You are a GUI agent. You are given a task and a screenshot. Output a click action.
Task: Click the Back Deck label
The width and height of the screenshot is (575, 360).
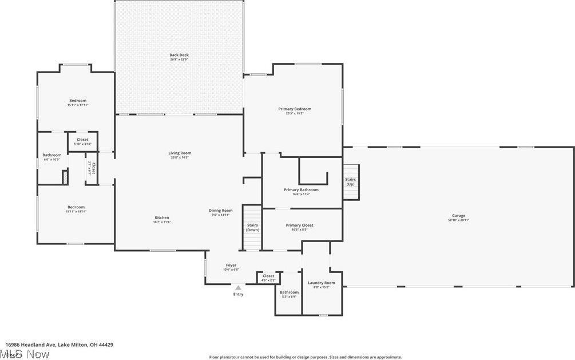coord(179,55)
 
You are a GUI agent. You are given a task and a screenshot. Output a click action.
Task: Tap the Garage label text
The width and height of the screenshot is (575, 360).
coord(458,216)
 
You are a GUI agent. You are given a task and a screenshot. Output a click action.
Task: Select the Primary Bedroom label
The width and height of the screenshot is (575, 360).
coord(295,109)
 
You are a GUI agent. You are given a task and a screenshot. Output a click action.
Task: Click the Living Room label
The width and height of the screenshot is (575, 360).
coord(180,153)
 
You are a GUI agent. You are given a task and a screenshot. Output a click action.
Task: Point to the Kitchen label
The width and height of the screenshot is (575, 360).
coord(162,217)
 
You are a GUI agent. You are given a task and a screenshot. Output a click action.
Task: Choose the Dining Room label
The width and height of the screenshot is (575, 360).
coord(220,211)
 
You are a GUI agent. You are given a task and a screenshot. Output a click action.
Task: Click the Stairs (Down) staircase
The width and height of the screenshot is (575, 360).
coord(252,227)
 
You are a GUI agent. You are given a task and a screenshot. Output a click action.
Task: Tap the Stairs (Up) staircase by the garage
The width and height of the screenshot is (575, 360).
coord(351,182)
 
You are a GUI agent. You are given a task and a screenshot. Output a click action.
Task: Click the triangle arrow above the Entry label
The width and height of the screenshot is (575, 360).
coord(238,288)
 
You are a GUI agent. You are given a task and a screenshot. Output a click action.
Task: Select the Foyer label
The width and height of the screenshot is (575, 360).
coord(231,265)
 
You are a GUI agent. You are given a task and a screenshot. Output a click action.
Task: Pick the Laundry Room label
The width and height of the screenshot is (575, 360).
coord(322,283)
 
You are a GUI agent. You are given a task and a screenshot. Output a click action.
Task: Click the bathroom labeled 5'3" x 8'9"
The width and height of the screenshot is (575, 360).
coord(289,294)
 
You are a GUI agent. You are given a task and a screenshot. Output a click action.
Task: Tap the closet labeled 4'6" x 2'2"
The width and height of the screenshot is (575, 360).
coord(268,278)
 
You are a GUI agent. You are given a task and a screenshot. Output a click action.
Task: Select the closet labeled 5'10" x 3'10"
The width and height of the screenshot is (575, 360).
coord(83,142)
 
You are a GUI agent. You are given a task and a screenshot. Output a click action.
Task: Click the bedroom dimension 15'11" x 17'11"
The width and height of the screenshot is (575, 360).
coord(78,105)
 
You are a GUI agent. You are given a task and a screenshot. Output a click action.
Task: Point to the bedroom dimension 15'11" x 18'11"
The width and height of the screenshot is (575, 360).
coord(76,211)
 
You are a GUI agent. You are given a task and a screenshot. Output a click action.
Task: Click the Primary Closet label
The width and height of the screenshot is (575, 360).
coord(299,225)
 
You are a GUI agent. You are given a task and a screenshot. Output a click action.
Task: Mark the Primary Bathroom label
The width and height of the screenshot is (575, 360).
coord(301,189)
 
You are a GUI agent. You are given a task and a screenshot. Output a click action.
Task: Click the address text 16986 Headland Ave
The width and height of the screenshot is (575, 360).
coord(31,345)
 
